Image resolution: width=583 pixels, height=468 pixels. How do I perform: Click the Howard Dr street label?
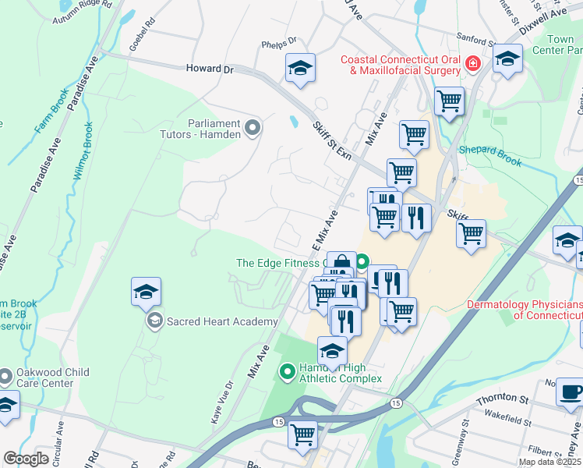pos(210,69)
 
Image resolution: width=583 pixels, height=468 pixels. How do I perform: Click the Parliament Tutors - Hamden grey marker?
pos(252,127)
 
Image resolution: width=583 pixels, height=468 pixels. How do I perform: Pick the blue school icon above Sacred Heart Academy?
pos(146,292)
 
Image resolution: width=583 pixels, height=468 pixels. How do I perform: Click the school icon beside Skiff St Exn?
pos(300,69)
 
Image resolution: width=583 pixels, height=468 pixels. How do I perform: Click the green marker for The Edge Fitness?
pos(362,263)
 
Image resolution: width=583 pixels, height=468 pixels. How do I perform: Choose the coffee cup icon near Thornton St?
pos(571,392)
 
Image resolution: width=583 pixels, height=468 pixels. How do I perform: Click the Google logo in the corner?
pos(26,459)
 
